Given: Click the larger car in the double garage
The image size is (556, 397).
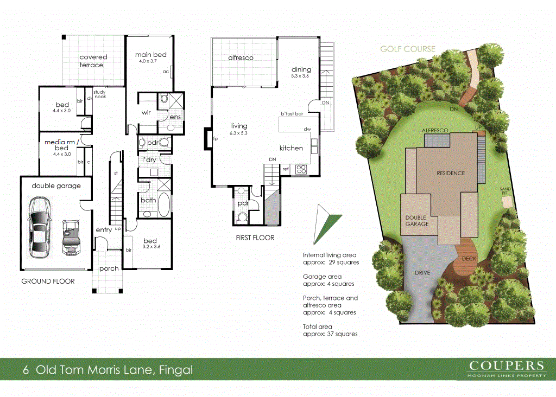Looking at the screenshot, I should coord(40,227).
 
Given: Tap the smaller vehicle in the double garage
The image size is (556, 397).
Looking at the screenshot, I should coord(71,236).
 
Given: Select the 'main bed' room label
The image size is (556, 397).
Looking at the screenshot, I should coord(150,55).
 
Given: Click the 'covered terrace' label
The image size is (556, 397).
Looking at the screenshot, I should coord(93,61).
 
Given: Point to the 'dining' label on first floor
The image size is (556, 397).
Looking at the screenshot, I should coord(301,69).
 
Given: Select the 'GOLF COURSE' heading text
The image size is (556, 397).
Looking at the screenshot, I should coord(407,49).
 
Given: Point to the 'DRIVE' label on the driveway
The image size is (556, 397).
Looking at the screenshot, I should coord(422,273).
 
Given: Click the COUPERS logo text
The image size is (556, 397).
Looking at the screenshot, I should coord(506,366).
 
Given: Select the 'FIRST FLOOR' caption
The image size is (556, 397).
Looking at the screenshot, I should coord(255,238).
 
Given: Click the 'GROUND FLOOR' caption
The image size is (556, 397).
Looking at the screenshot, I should coord(48,281).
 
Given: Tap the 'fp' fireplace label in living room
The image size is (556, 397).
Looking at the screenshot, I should coord(215,138).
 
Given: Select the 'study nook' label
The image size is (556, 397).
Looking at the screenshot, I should coord(99,94).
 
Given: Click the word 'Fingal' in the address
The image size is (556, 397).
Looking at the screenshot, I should coord(175,370).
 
